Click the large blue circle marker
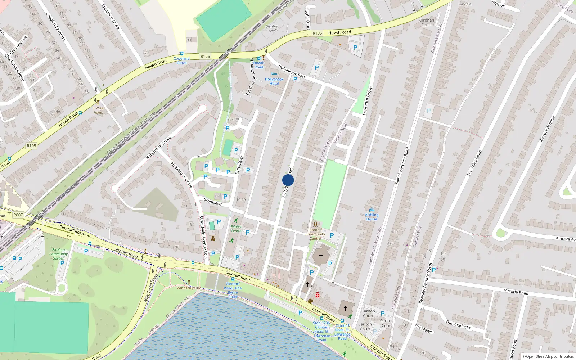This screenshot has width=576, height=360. [288, 180]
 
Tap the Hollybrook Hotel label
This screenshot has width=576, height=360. [274, 81]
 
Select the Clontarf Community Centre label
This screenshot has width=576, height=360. [315, 234]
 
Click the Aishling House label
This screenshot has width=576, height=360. [372, 217]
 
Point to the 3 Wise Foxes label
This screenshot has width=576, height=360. [98, 110]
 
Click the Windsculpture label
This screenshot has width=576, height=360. [189, 288]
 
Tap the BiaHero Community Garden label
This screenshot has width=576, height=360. [58, 254]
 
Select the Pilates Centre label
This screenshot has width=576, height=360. [236, 229]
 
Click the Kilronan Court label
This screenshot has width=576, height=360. [426, 23]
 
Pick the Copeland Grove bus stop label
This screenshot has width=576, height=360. [181, 60]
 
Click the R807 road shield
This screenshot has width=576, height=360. [18, 215]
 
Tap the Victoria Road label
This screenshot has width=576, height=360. [516, 292]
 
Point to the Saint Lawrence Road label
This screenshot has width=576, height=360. [402, 166]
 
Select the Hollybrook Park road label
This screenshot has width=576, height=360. [292, 72]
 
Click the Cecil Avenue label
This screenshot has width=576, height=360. [18, 45]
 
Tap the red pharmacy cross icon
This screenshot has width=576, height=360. [317, 295]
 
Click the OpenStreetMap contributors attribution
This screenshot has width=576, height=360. [548, 356]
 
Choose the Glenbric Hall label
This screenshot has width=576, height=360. [272, 28]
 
